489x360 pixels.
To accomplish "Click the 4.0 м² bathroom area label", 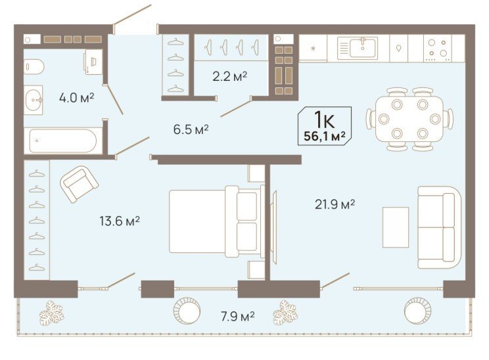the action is click(x=76, y=98).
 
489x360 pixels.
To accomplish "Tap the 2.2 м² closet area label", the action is click(x=230, y=76).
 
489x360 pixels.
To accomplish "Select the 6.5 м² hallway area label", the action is click(x=191, y=129).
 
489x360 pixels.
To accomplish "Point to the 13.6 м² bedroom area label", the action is click(x=120, y=221).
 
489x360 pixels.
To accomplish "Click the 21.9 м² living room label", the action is click(x=335, y=204).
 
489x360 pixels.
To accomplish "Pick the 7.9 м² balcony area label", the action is click(x=238, y=317).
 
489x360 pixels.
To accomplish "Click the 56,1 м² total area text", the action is click(x=325, y=136).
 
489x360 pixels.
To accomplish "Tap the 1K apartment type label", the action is click(x=324, y=120).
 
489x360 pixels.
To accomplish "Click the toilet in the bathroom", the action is click(x=34, y=67).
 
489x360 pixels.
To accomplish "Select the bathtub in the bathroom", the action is click(x=63, y=141).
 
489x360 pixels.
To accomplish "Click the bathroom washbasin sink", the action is click(x=34, y=100).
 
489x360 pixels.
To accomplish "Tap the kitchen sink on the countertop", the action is click(x=363, y=48).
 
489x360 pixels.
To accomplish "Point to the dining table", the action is click(x=409, y=119).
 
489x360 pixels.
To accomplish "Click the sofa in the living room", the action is click(x=439, y=227).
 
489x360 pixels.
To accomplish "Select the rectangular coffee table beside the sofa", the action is click(x=396, y=227).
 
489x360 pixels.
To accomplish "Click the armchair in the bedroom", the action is click(x=80, y=184).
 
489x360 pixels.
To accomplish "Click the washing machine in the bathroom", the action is click(x=93, y=62).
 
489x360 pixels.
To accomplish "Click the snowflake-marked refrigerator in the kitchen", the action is click(x=313, y=49).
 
